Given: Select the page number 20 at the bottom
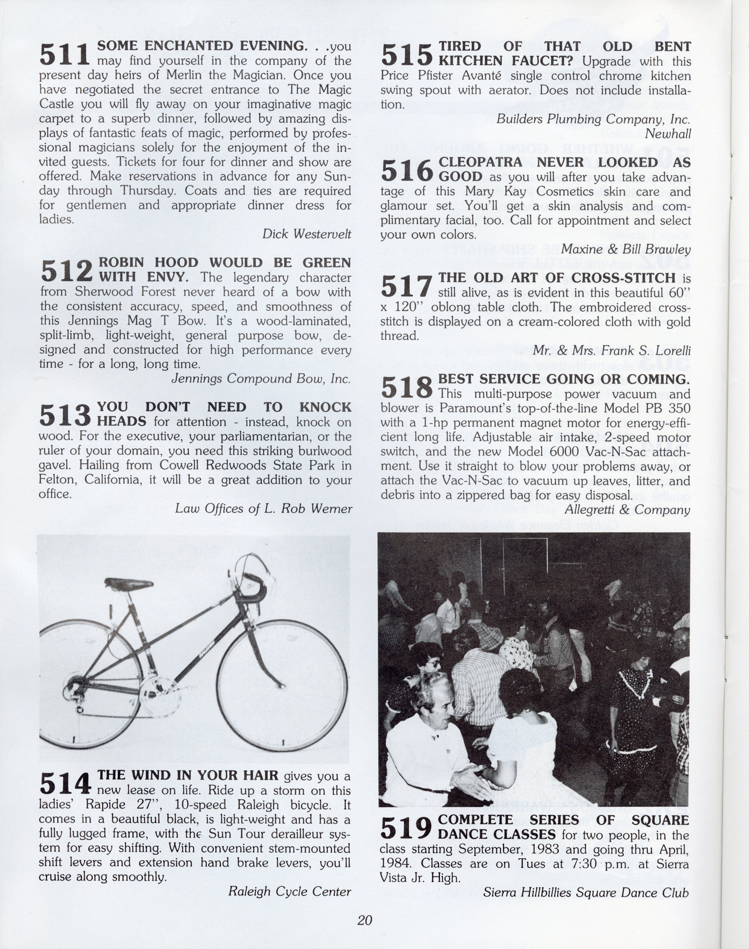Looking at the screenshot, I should click(364, 920).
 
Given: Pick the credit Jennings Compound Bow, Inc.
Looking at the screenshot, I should click(261, 378).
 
